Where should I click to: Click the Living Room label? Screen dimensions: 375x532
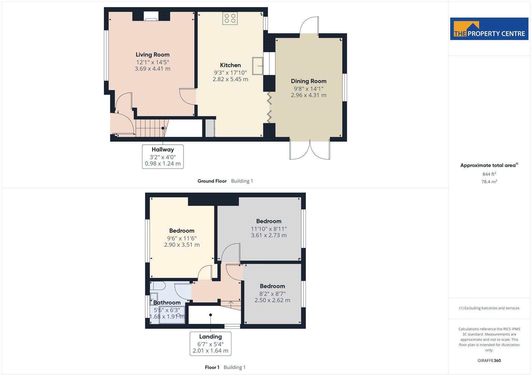[152, 55]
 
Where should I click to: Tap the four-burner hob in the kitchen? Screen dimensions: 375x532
[230, 18]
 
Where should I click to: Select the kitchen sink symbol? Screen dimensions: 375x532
[258, 65]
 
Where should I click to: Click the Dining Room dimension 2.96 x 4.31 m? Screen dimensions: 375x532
[309, 95]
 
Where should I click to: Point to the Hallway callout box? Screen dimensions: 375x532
[163, 156]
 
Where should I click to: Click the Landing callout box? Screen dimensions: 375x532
[210, 343]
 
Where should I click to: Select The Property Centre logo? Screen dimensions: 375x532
[489, 29]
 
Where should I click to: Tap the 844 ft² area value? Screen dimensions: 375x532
[489, 174]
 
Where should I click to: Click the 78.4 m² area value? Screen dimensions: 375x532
[489, 182]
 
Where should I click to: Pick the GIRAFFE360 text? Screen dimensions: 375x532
[489, 360]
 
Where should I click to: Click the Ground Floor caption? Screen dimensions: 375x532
[212, 181]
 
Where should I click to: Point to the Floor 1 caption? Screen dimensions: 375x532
[212, 367]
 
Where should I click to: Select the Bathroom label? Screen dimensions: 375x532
[167, 303]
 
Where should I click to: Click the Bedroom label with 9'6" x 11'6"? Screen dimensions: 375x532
[182, 231]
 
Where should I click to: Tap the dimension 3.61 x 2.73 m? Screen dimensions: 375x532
[269, 235]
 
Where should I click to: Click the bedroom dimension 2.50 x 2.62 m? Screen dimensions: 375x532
[272, 300]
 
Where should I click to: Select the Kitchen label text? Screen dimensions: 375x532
[230, 65]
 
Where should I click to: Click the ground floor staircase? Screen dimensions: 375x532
[152, 128]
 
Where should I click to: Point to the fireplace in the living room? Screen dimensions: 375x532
[151, 16]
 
